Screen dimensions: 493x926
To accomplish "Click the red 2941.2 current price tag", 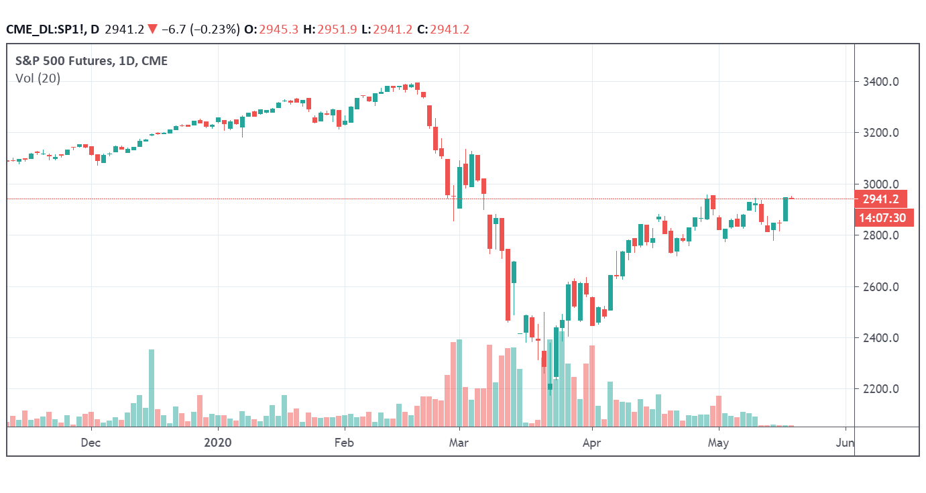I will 881,199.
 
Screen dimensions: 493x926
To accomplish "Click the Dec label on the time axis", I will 91,443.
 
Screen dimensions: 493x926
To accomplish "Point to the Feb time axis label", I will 343,443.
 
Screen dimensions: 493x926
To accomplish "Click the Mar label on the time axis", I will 458,443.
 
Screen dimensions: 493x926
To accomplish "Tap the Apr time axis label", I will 592,443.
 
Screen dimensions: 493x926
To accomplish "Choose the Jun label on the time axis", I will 846,443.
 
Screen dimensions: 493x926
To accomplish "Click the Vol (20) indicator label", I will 38,78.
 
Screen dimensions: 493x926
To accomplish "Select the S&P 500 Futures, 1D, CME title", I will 91,61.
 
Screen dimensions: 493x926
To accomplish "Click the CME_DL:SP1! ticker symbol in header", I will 46,29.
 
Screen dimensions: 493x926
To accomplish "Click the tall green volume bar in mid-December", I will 152,388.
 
